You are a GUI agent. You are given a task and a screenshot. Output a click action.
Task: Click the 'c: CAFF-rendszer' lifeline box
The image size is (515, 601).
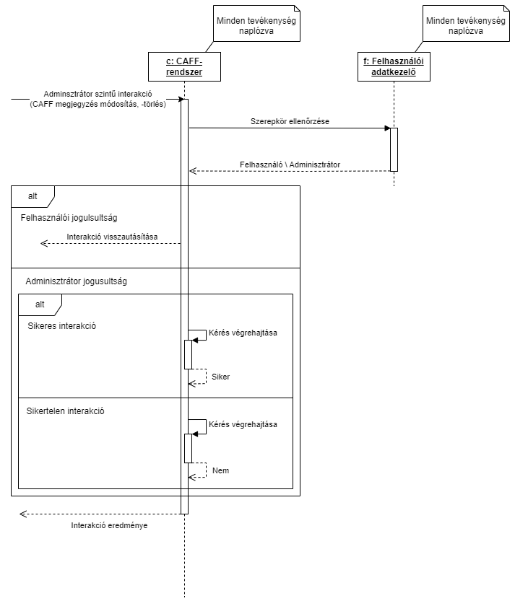pyautogui.click(x=184, y=66)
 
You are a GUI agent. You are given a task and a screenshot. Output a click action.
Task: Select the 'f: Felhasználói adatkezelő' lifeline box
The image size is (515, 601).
pyautogui.click(x=394, y=66)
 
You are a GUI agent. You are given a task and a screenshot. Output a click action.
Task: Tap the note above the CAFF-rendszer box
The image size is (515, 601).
pyautogui.click(x=256, y=26)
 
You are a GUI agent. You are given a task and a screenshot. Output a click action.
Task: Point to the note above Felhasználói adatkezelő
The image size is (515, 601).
pyautogui.click(x=465, y=26)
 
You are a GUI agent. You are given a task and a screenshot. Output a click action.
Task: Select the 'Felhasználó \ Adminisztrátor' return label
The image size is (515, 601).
pyautogui.click(x=289, y=164)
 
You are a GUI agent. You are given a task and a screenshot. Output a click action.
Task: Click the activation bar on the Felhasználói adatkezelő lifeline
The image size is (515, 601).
pyautogui.click(x=394, y=149)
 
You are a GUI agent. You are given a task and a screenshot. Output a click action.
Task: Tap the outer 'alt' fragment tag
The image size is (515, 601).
pyautogui.click(x=33, y=196)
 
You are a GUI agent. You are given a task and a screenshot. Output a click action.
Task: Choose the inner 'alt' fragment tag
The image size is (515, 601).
pyautogui.click(x=40, y=304)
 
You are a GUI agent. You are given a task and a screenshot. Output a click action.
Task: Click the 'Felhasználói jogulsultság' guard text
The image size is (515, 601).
pyautogui.click(x=69, y=216)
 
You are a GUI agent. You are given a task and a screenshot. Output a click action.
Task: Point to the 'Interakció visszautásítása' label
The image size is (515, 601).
pyautogui.click(x=112, y=237)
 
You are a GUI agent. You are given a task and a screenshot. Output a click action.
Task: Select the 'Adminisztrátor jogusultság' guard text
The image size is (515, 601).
pyautogui.click(x=76, y=281)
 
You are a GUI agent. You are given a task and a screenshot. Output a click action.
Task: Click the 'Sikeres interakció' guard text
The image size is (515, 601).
pyautogui.click(x=62, y=325)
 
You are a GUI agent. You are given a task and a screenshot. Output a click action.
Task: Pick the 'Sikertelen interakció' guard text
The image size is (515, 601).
pyautogui.click(x=66, y=411)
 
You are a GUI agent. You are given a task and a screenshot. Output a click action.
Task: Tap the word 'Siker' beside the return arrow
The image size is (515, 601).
pyautogui.click(x=220, y=377)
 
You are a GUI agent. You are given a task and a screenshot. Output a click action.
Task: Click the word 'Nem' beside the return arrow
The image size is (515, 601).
pyautogui.click(x=220, y=470)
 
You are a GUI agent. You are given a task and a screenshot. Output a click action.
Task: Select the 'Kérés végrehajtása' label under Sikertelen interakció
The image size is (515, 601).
pyautogui.click(x=243, y=424)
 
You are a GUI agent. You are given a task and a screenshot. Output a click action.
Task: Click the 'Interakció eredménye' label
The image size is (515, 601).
pyautogui.click(x=109, y=525)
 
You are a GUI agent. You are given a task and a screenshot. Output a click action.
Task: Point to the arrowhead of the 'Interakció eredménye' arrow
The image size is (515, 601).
pyautogui.click(x=22, y=514)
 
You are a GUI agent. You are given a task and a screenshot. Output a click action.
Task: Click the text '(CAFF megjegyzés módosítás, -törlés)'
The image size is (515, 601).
pyautogui.click(x=98, y=104)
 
